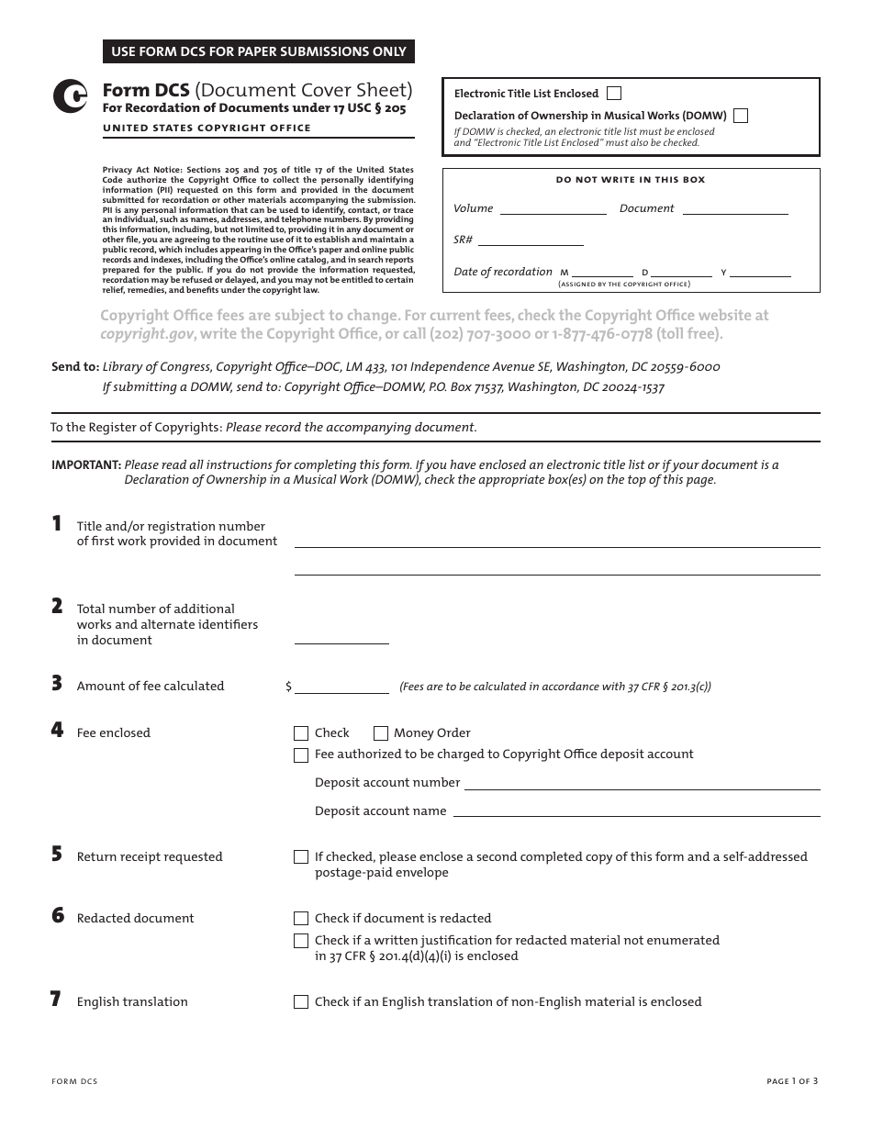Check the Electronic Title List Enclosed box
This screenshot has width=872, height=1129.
614,94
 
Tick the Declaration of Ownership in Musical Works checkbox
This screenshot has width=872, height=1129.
741,116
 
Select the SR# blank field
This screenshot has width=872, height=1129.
531,240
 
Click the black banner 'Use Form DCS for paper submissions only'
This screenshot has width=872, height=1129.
259,52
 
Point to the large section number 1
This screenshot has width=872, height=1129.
57,524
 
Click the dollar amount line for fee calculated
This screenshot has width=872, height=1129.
341,687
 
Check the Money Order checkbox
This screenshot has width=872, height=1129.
381,733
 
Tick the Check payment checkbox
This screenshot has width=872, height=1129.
301,733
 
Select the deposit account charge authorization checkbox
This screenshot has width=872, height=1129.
301,755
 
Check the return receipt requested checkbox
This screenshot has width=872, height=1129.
301,857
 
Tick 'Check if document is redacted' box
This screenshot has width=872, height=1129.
301,919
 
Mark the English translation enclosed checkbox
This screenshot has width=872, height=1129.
301,1002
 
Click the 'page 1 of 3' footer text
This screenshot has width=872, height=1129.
792,1081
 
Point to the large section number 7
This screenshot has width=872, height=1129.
56,1000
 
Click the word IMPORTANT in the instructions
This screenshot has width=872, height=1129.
85,465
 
